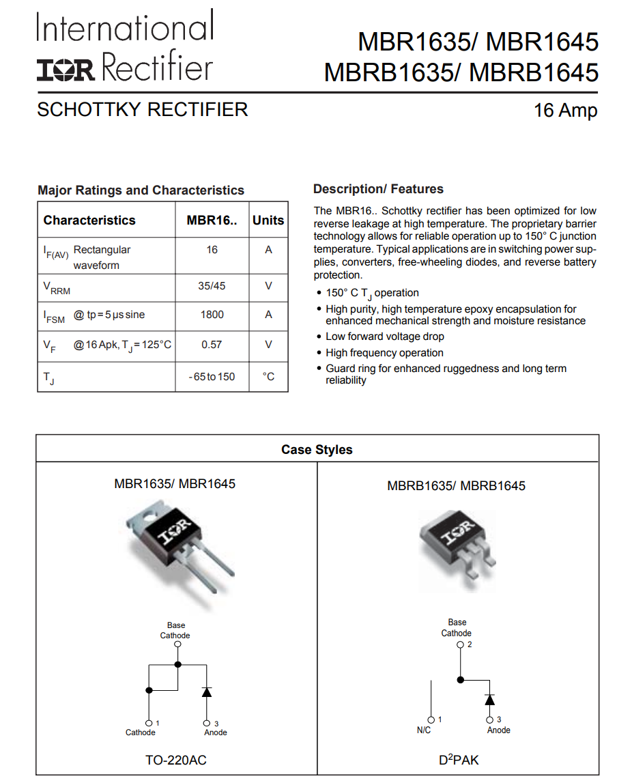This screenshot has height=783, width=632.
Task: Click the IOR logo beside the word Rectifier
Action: click(66, 70)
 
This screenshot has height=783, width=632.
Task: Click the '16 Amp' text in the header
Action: click(565, 111)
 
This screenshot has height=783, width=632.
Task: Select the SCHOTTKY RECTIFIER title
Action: click(142, 109)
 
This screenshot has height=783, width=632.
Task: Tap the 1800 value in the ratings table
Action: click(212, 315)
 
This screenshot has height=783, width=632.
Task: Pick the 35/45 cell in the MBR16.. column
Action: click(212, 286)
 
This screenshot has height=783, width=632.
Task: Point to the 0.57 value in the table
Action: click(212, 345)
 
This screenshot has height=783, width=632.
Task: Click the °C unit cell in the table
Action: click(268, 377)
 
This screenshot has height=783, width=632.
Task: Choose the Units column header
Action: click(268, 220)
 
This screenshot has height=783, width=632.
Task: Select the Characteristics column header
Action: click(89, 220)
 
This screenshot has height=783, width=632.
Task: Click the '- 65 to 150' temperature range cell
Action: click(212, 377)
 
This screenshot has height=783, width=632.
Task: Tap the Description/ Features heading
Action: click(378, 189)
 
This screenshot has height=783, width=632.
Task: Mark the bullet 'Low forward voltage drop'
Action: click(385, 337)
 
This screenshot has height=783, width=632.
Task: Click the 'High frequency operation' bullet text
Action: click(384, 353)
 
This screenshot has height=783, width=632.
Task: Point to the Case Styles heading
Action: click(317, 450)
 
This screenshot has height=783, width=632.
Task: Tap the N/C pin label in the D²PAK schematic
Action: click(424, 730)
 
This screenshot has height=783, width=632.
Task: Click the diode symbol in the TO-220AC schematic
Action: click(207, 692)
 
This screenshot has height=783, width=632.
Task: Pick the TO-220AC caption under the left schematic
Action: click(175, 760)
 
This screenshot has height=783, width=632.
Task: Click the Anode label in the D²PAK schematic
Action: click(498, 730)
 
